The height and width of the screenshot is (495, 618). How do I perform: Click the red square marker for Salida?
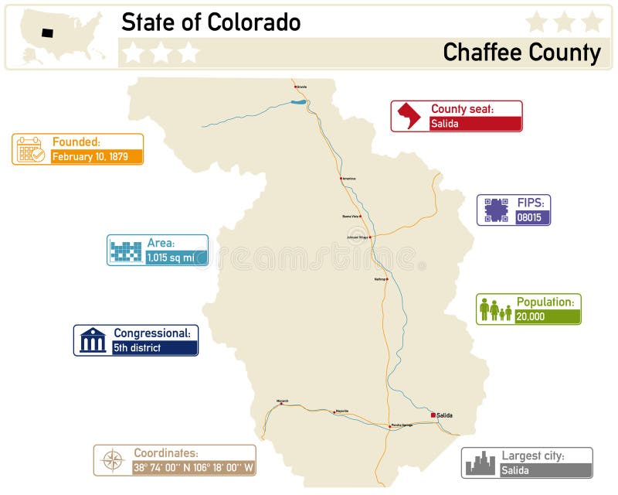pos(433,415)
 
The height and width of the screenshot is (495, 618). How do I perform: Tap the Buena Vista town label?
pos(351,217)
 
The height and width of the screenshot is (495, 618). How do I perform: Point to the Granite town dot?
pos(295,87)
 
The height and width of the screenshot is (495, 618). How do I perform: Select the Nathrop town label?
pos(379,278)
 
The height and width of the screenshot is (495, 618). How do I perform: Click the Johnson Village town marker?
pos(371,237)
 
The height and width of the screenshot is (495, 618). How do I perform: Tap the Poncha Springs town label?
pos(402,425)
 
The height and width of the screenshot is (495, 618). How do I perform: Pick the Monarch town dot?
pos(281,404)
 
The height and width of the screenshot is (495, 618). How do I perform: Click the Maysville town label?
pos(342,411)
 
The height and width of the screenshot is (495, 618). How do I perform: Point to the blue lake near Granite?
pos(298,101)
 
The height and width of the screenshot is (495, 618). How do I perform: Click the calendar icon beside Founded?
pos(31,148)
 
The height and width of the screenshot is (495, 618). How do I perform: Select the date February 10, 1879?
pos(97,156)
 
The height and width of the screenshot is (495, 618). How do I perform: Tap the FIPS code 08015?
pos(533,217)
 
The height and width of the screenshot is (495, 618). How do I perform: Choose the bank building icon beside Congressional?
pos(93,340)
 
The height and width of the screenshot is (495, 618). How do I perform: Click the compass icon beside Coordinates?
pos(113,460)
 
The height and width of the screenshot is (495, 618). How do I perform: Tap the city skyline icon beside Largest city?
pos(480,463)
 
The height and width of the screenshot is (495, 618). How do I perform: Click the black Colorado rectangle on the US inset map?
pos(47,33)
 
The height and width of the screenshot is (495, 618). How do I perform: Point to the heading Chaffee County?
pos(521,53)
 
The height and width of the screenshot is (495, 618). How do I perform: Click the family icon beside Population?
pos(495,309)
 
